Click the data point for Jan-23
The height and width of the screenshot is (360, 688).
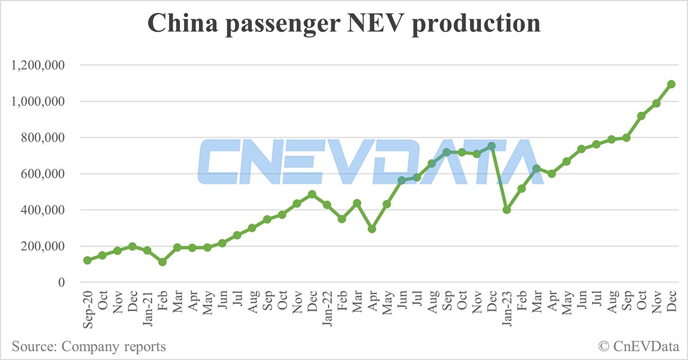(x=506, y=210)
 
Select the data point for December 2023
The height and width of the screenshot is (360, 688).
(x=671, y=84)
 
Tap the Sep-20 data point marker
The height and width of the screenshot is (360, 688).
(x=87, y=260)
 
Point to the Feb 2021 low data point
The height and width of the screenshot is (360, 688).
(x=162, y=262)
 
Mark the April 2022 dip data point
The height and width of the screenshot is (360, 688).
(x=372, y=229)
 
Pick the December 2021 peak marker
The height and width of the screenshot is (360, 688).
(x=312, y=194)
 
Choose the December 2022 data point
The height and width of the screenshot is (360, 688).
(x=491, y=146)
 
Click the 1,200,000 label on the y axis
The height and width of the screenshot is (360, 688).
(x=38, y=65)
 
